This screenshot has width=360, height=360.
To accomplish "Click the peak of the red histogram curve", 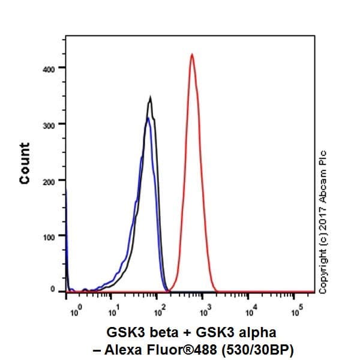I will tap(191, 55).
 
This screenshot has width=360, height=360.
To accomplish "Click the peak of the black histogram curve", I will tap(150, 98).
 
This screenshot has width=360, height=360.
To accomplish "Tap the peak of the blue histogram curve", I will tap(147, 118).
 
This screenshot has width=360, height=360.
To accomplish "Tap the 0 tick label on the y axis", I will tap(52, 290).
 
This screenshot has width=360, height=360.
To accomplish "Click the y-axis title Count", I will tap(25, 163).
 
